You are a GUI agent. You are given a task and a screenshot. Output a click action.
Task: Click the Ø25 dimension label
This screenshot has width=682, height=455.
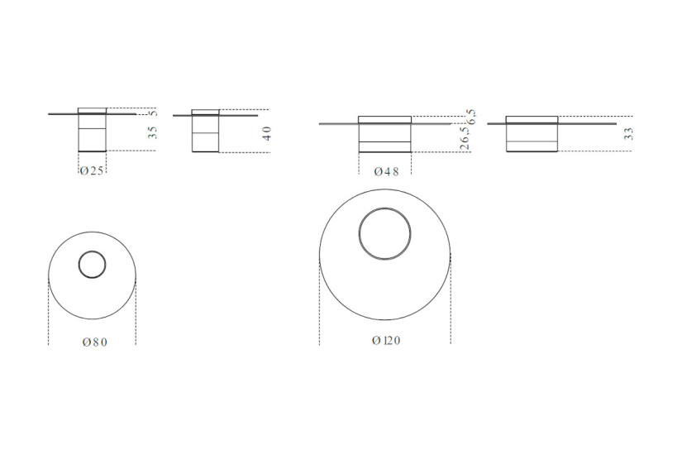pos(92,170)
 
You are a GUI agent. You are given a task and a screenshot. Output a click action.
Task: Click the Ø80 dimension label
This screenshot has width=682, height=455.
pos(93,342)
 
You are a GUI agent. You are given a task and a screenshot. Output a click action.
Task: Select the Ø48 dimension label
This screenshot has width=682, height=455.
pos(386,172)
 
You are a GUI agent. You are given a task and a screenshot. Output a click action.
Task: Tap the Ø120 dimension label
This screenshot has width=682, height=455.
pos(386,340)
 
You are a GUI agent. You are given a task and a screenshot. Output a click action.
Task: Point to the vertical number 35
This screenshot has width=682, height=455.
pos(154,133)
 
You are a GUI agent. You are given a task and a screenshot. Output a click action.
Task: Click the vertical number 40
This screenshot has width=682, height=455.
pos(266,133)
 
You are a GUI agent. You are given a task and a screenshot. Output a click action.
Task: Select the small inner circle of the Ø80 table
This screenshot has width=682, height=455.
pos(92,266)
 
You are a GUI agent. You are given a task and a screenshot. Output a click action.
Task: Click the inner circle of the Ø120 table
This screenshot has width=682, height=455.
pos(385,234)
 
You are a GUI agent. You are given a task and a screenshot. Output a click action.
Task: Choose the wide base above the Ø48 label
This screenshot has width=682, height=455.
pos(384,136)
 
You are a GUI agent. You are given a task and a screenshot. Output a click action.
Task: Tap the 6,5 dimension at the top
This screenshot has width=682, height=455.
pos(470,115)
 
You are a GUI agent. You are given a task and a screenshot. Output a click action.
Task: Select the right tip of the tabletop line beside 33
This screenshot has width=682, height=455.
pos(617,123)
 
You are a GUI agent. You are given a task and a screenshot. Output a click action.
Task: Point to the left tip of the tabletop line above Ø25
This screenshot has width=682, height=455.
pos(50,114)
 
